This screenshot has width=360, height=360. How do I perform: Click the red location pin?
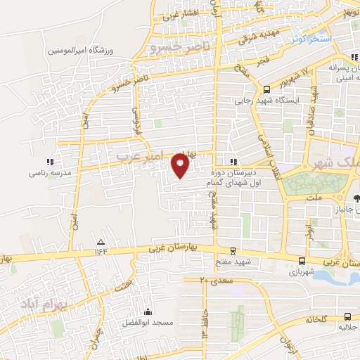[x=181, y=166]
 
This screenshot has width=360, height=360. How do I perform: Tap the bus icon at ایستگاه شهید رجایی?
[x=266, y=89]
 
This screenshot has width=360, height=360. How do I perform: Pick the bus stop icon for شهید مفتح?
[x=233, y=250]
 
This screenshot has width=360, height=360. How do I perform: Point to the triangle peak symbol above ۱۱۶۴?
[x=99, y=241]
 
